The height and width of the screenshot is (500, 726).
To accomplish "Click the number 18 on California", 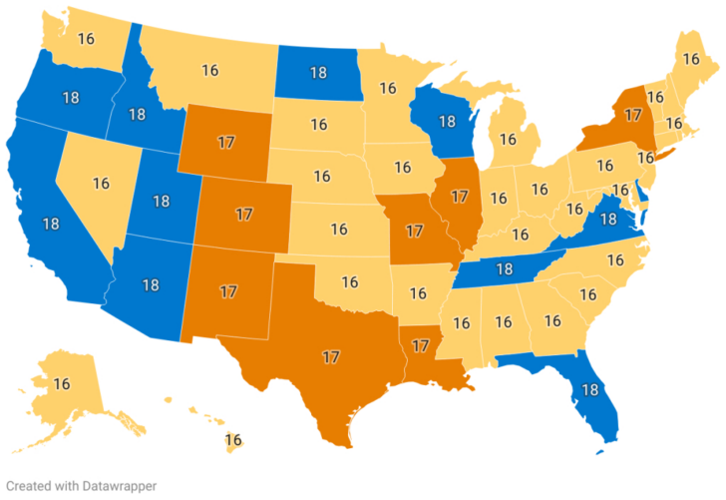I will point(51,222).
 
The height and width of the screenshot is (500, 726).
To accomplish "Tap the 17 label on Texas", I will point(331,355).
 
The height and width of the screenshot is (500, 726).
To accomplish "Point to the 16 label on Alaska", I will point(62,383).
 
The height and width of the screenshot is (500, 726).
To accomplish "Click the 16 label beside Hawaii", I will point(233,439).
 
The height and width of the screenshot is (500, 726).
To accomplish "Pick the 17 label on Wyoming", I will point(225,142).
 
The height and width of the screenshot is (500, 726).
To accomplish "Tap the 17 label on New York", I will point(631,115).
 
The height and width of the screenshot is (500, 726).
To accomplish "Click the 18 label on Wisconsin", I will point(448,122).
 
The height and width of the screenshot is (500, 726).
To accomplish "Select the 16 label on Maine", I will point(690,58).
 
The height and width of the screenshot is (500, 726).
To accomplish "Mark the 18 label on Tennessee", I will point(505,268).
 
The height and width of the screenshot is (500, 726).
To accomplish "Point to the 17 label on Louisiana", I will point(421,345).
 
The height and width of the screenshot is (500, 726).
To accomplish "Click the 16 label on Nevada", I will point(101,183).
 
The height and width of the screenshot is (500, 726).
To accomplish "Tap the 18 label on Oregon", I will point(71,98).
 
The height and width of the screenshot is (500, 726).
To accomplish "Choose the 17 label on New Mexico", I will point(228,291).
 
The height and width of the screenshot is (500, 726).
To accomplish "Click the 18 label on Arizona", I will point(151,284).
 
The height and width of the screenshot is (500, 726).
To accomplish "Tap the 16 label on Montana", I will point(210,70).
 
